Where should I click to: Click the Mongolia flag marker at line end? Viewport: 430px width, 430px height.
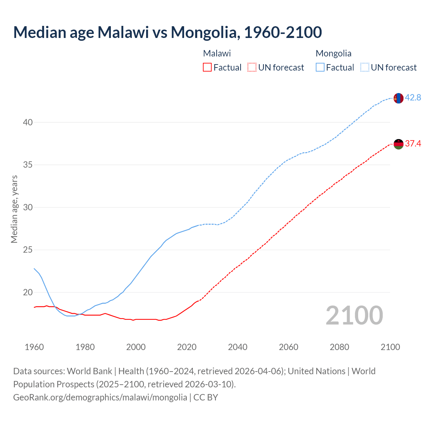(398, 98)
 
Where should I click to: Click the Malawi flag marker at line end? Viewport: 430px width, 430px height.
(398, 144)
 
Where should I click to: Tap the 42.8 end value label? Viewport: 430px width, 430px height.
(413, 97)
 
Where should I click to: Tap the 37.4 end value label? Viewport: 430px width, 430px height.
(413, 144)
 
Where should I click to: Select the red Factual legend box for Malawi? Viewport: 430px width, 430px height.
(207, 68)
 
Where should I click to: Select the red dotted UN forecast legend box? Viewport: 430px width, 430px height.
(252, 68)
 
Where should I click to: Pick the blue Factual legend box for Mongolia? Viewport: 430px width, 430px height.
(320, 68)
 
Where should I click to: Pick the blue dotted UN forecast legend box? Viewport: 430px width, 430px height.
(365, 68)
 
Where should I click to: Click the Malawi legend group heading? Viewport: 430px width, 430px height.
(217, 53)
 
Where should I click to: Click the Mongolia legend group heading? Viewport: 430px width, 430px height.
(334, 53)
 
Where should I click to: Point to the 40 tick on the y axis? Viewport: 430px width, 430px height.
(28, 122)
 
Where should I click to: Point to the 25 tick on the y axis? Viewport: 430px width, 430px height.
(28, 250)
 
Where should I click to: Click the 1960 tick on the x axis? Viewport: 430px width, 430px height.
(34, 347)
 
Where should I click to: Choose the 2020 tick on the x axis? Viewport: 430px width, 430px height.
(187, 347)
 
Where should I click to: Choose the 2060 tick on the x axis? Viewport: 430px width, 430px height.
(289, 347)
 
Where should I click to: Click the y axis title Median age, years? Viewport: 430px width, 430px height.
(14, 209)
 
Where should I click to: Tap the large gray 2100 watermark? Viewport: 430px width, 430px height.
(354, 315)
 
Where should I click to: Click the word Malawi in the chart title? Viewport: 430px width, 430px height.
(123, 32)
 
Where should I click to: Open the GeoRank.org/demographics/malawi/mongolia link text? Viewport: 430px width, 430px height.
(100, 397)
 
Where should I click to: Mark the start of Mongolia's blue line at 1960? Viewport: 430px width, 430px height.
(34, 268)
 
